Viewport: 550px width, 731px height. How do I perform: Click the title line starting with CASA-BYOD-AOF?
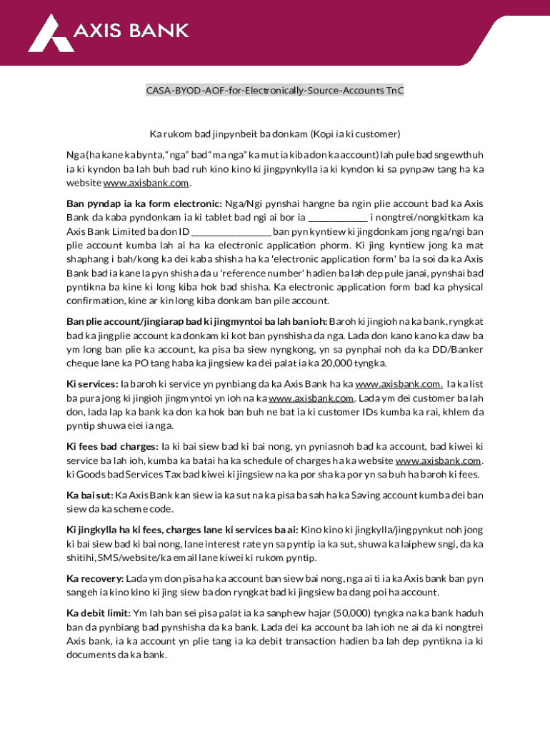tap(275, 91)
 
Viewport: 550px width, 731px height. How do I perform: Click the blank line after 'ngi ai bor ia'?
tap(337, 217)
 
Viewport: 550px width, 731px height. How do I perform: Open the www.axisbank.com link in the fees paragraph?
tap(438, 461)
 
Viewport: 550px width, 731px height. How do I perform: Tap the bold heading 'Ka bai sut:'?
tap(89, 495)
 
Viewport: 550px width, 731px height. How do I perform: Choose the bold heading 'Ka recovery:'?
tap(96, 578)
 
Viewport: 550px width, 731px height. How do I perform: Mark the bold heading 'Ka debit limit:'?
tap(99, 612)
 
